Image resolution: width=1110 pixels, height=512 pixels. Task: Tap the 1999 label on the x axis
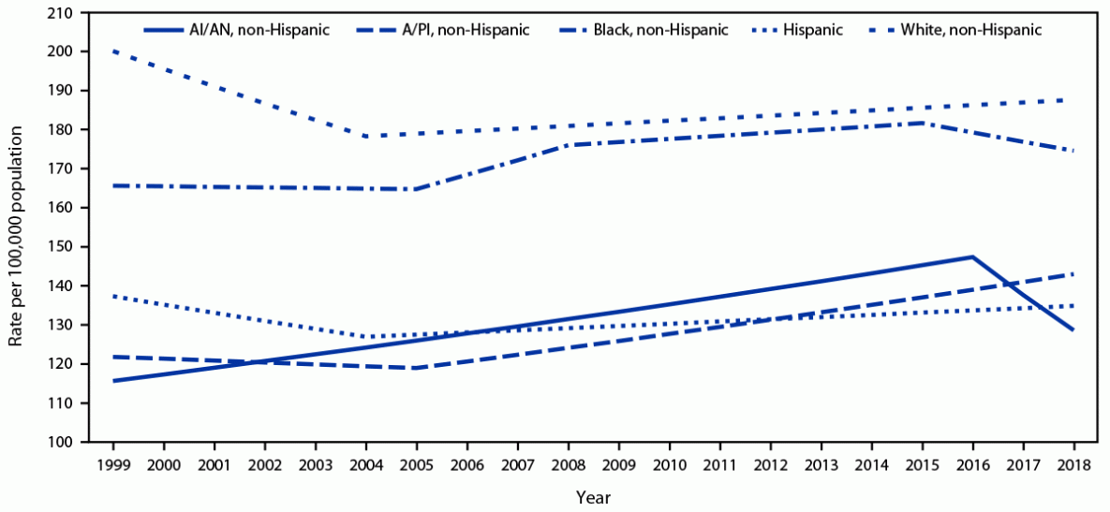(112, 463)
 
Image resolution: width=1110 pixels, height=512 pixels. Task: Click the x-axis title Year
(593, 496)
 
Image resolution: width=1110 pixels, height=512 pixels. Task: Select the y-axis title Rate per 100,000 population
(17, 227)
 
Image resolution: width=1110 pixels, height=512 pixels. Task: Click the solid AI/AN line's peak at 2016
(972, 256)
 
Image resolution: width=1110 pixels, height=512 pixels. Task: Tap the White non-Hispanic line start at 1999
(112, 51)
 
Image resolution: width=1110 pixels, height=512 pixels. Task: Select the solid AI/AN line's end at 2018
(1073, 329)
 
